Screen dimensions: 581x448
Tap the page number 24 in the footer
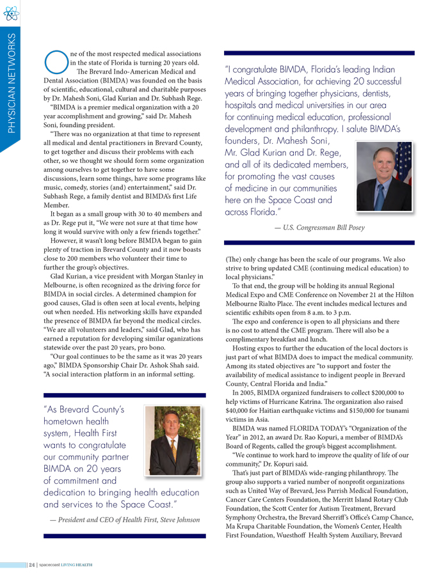[x=31, y=565]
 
